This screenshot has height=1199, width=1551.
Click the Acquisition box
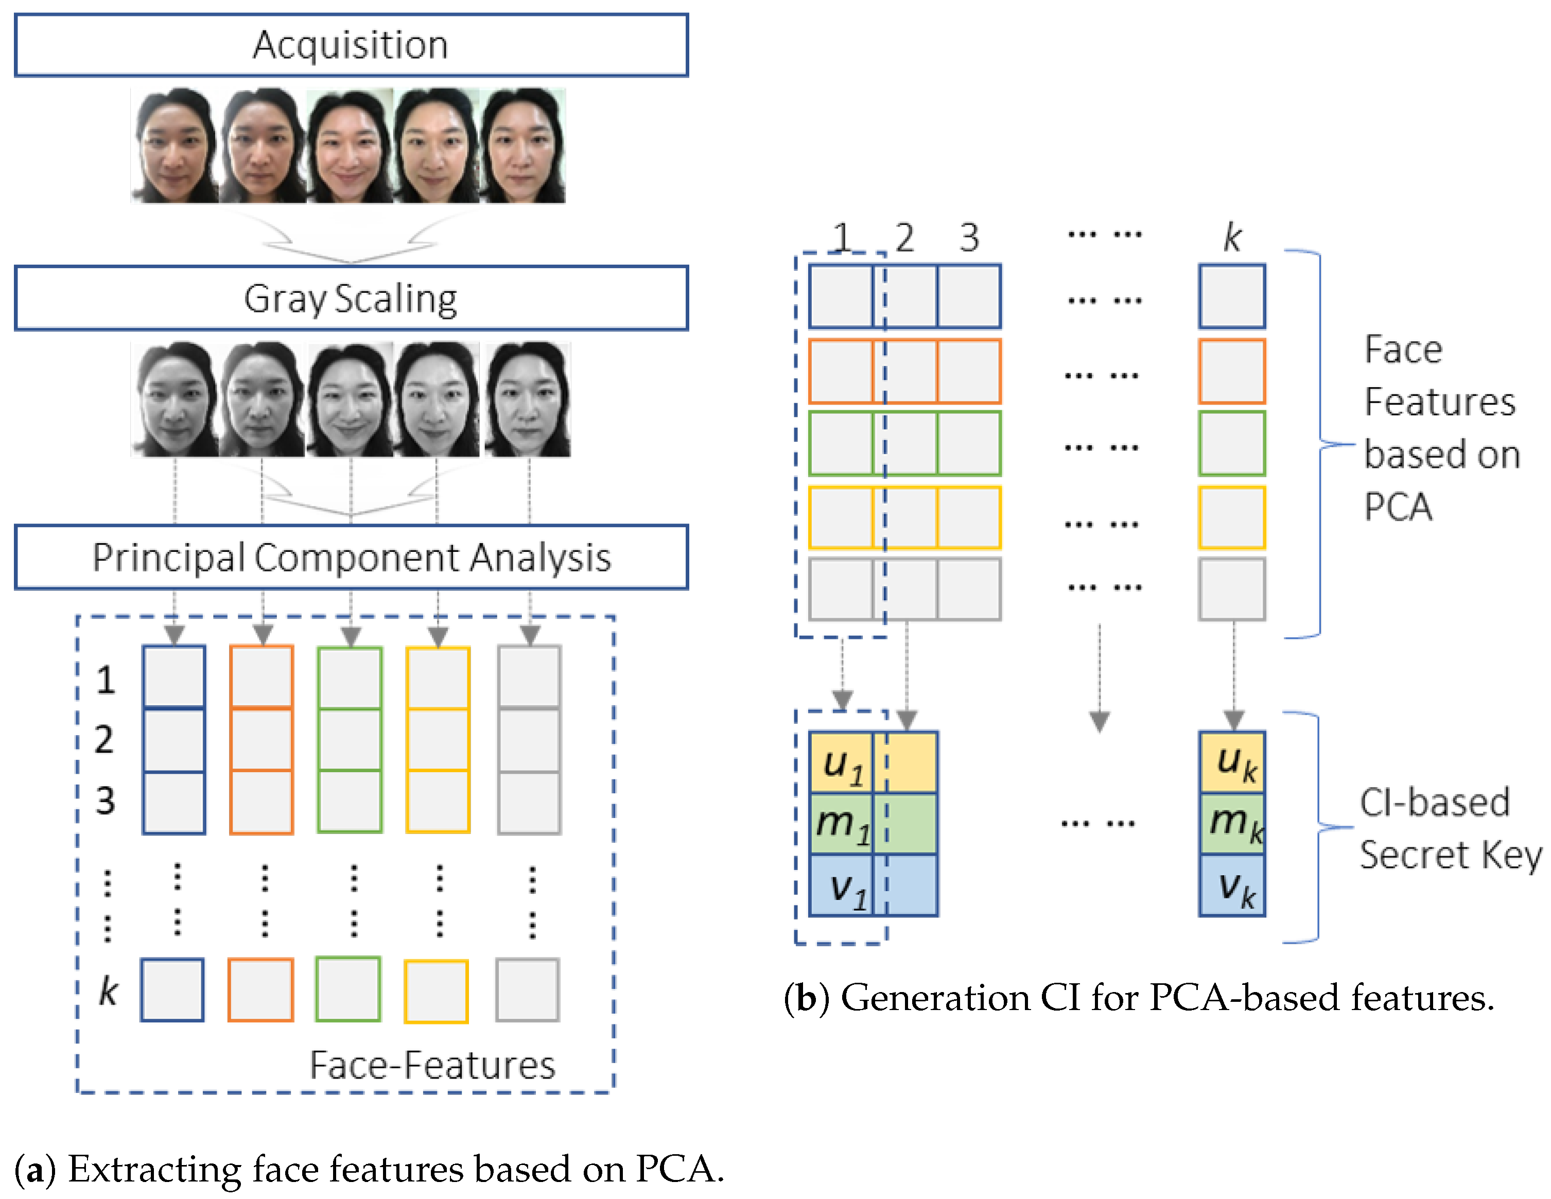point(351,45)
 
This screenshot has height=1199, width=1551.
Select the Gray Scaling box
point(351,298)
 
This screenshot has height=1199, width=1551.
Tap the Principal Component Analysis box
point(351,557)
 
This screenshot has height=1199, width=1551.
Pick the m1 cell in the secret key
point(842,824)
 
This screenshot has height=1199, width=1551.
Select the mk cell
point(1232,824)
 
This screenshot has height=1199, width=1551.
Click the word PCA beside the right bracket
point(1398,507)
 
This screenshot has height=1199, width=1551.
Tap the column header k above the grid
point(1232,237)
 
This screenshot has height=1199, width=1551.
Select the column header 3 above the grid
point(969,237)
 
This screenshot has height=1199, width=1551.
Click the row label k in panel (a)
point(108,991)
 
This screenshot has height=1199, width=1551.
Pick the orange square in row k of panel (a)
point(260,990)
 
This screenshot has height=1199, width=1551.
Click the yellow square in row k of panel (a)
point(436,992)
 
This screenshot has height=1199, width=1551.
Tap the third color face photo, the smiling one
point(350,146)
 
